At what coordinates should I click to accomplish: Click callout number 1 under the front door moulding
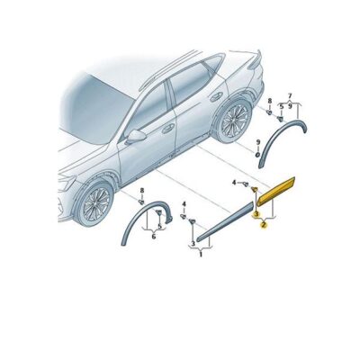[x=201, y=256]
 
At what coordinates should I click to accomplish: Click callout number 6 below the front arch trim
[x=153, y=237]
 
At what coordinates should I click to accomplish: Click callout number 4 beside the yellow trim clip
[x=233, y=184]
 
